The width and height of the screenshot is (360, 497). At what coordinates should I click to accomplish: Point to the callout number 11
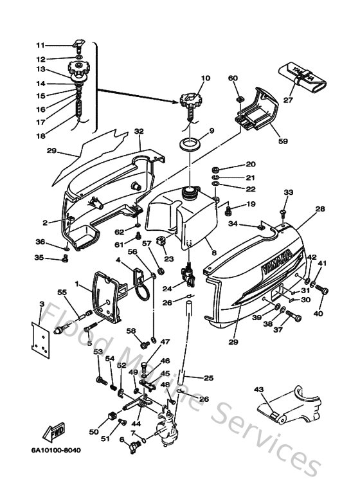click(x=40, y=45)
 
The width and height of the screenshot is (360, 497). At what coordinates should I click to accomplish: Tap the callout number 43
click(x=259, y=389)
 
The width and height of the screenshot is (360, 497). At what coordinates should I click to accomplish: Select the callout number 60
click(x=233, y=78)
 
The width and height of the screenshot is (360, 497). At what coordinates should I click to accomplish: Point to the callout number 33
click(x=288, y=192)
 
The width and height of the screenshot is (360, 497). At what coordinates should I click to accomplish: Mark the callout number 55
click(x=62, y=292)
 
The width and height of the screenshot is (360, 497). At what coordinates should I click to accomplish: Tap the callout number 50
click(x=94, y=431)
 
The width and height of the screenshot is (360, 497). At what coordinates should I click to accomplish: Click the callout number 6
click(x=121, y=440)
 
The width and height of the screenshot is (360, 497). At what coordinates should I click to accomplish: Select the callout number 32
click(x=138, y=131)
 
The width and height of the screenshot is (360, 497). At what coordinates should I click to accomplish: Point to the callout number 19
click(x=251, y=204)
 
